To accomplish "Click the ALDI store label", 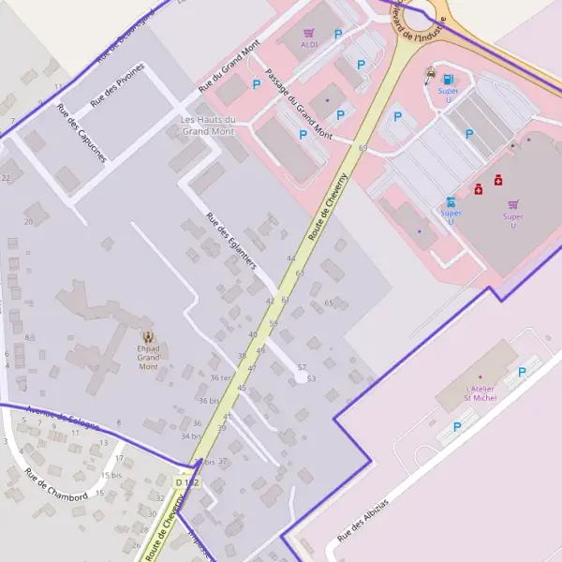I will [x=309, y=44].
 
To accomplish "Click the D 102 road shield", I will [x=187, y=481].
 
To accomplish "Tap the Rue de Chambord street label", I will [x=56, y=485].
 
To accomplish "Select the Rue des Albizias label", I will [x=362, y=519].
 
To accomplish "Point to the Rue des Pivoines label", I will [x=117, y=84].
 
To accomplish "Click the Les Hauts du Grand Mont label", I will [x=207, y=126].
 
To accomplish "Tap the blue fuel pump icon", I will [x=449, y=79].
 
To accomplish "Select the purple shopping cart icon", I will [x=512, y=204].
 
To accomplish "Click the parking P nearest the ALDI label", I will [x=338, y=35].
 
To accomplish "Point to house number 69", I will [x=362, y=148].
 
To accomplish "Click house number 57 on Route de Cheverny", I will [x=302, y=367].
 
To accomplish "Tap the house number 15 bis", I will [x=111, y=475].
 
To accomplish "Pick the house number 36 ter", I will [x=220, y=377].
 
